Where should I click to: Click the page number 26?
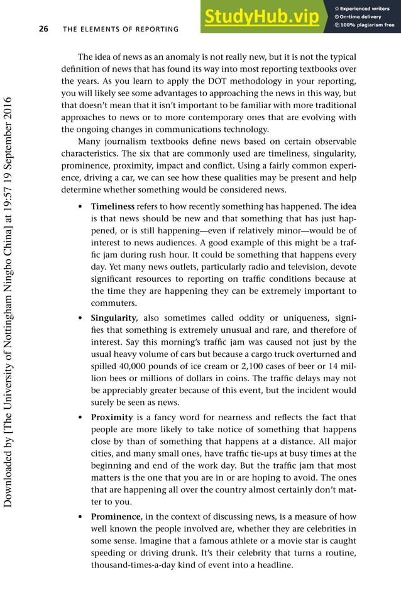click(x=44, y=29)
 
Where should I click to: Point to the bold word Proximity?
click(x=112, y=418)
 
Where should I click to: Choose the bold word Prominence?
click(x=115, y=516)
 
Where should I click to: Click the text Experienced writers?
click(x=366, y=8)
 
